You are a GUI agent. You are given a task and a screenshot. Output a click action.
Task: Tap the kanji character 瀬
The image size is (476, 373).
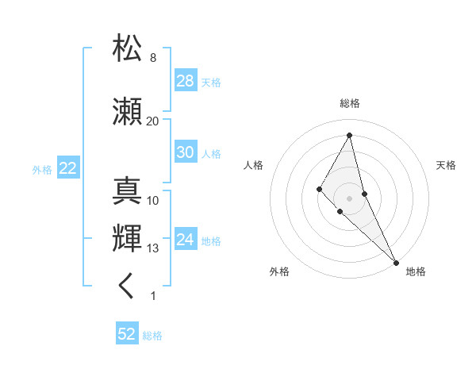[128, 111]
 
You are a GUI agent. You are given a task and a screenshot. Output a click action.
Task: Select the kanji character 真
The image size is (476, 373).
[128, 190]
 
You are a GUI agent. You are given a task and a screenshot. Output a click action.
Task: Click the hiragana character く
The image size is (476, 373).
[127, 286]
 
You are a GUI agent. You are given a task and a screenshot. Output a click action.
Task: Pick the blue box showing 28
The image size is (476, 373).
[186, 81]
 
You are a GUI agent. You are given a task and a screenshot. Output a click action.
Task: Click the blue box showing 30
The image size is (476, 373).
[186, 152]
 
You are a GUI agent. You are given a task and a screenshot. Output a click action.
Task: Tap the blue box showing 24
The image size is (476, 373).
[186, 240]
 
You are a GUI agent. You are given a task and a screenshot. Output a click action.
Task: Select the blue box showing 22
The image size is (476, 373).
[68, 168]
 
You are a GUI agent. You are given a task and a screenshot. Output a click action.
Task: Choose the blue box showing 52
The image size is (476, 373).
[127, 334]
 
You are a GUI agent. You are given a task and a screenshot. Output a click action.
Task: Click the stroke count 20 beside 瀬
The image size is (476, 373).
[152, 121]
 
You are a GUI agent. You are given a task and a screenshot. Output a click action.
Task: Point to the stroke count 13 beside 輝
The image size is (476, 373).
[152, 248]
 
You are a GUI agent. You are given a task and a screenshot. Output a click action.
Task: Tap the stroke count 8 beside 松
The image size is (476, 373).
[152, 58]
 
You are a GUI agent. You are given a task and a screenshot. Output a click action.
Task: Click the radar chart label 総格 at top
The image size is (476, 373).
[350, 104]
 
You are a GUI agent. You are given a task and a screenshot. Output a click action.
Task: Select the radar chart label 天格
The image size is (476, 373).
[446, 165]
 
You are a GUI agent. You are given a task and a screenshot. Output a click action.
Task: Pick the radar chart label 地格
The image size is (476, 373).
[416, 271]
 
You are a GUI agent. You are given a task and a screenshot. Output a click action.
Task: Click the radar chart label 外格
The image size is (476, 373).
[279, 271]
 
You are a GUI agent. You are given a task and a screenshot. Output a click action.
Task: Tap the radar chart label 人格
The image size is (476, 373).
[253, 165]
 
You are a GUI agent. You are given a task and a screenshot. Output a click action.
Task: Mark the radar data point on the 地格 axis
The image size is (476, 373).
[396, 262]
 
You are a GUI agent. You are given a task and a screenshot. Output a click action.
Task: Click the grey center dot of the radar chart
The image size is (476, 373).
[350, 198]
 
